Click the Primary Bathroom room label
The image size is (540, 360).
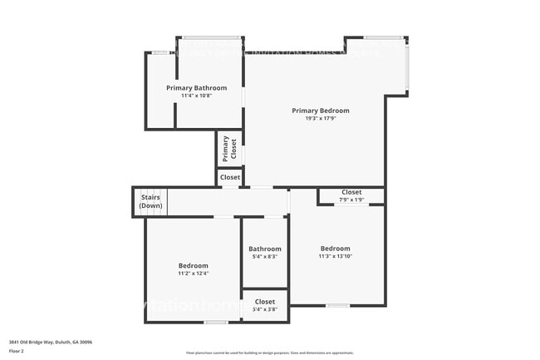(196, 87)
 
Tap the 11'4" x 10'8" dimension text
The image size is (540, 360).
(196, 96)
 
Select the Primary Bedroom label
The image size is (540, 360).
(320, 111)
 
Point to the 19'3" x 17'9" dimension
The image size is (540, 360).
(320, 118)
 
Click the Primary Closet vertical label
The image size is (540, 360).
(228, 150)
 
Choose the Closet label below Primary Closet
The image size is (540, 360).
(230, 177)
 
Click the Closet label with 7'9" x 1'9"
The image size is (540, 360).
(351, 192)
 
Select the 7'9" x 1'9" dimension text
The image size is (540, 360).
(351, 200)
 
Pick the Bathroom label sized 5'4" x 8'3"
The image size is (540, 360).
(265, 249)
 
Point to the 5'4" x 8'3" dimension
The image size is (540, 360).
(265, 256)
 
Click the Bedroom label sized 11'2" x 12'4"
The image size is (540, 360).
(193, 265)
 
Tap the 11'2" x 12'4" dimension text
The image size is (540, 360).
(193, 273)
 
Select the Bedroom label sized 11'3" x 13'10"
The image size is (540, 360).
(336, 249)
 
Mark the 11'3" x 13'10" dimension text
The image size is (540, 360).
(336, 256)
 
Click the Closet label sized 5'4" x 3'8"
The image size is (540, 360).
(265, 302)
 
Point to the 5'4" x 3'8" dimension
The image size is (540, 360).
(265, 309)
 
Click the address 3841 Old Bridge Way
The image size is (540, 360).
(51, 342)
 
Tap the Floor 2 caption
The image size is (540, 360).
(17, 350)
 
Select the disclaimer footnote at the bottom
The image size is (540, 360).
(270, 353)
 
